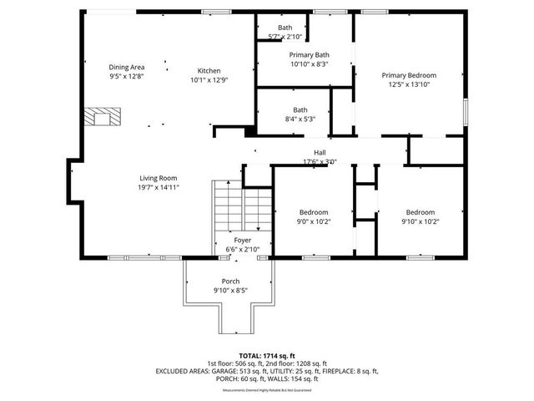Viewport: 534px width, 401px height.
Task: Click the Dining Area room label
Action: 127,66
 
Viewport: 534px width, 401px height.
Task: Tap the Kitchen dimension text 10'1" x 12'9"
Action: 209,81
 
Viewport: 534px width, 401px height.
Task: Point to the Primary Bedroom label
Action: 409,75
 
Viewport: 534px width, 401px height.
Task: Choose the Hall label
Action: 320,152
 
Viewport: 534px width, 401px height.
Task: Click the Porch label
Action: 230,281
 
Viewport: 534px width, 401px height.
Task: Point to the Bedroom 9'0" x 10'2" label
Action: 314,212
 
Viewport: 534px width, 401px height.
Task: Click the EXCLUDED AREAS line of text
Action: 266,371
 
